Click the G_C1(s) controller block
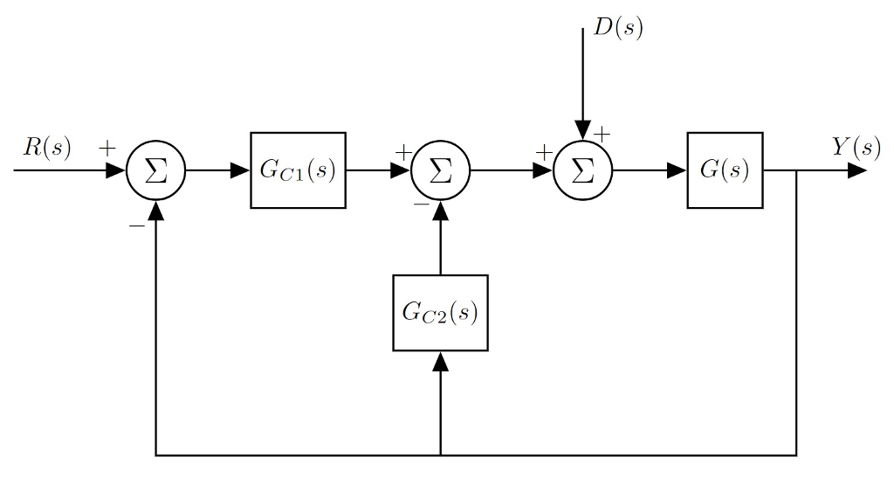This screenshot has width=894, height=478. click(298, 170)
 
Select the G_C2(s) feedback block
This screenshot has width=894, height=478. click(440, 313)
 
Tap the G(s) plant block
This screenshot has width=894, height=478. click(725, 170)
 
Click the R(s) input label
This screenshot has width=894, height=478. click(47, 147)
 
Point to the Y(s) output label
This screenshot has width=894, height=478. click(855, 147)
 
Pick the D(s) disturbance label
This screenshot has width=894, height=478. click(618, 28)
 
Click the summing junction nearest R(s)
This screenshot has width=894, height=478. click(156, 170)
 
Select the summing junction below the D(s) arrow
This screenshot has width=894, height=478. click(582, 170)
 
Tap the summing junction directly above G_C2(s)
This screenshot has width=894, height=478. click(440, 170)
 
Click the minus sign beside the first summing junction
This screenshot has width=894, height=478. click(136, 225)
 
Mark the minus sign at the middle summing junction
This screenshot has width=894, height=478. click(420, 203)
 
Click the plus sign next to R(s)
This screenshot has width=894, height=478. click(107, 148)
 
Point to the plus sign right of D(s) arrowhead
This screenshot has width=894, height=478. click(602, 134)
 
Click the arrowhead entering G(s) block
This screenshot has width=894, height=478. click(677, 170)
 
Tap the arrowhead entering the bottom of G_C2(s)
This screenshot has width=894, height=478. click(440, 361)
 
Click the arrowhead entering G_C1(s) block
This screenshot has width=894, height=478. click(240, 170)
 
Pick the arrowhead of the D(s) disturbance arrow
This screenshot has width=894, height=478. click(582, 130)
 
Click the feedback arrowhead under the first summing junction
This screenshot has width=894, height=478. click(156, 211)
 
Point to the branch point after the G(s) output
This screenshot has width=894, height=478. click(796, 170)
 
